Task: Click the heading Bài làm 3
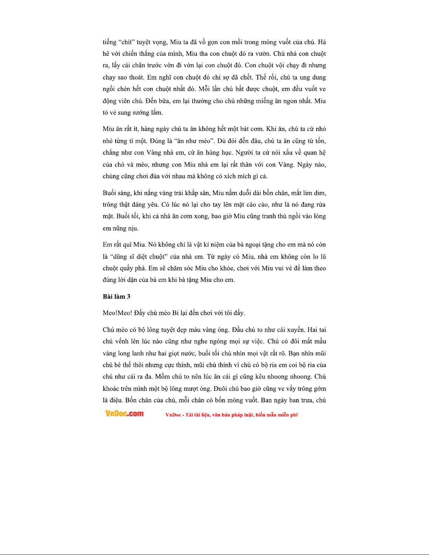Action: click(116, 297)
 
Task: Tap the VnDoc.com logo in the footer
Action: click(124, 414)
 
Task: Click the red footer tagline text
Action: click(231, 415)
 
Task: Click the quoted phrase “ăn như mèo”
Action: click(194, 141)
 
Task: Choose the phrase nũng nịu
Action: click(125, 228)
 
